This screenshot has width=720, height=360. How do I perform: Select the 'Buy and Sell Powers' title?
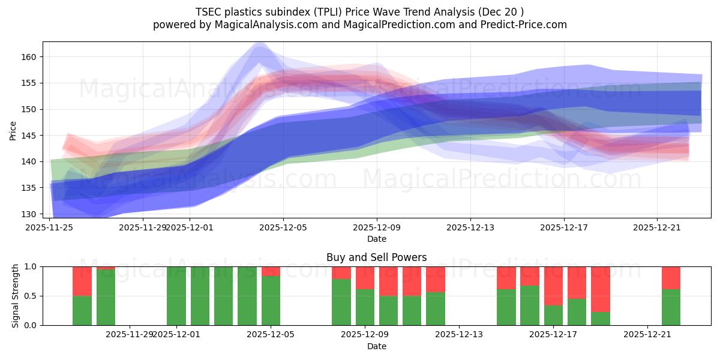coord(376,257)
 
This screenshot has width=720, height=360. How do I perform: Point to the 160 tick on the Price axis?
coord(32,57)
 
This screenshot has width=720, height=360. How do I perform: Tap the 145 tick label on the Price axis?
coord(32,136)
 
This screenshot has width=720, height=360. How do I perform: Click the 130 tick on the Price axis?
coord(32,214)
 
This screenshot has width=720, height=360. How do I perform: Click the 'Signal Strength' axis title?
coord(16,296)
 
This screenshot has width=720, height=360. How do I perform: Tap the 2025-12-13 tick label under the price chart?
coord(470,227)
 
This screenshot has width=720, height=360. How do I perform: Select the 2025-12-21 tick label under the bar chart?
coord(647,334)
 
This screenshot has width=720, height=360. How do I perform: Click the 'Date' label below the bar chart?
coord(376,346)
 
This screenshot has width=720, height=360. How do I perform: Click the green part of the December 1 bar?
coord(176,296)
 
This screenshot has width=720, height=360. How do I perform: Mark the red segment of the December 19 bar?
coord(601,289)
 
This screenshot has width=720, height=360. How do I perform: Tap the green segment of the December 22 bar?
coord(671,307)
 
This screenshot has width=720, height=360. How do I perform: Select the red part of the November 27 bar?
coord(106,268)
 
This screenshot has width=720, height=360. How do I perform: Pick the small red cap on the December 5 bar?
coord(271,271)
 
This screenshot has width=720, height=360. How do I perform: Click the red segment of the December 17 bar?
coord(553,286)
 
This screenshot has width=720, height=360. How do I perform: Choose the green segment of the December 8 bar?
coord(341,302)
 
